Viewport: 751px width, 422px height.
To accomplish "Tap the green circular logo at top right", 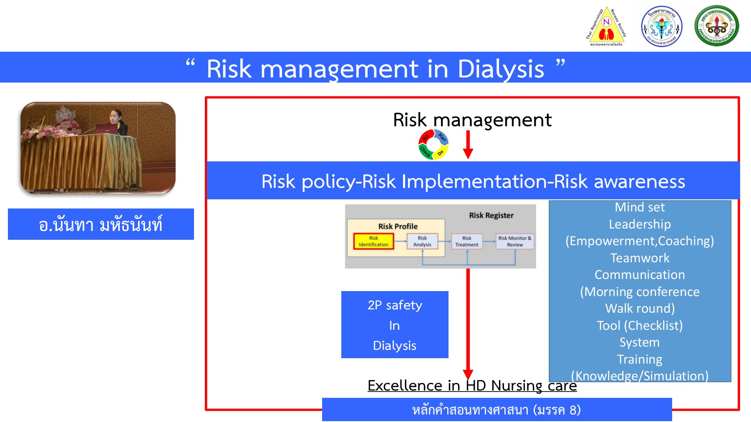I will click(x=717, y=26).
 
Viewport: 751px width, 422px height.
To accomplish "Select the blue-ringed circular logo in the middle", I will click(x=662, y=26).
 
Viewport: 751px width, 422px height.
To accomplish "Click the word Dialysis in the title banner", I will click(x=501, y=69).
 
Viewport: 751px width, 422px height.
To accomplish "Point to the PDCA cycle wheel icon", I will click(x=433, y=145).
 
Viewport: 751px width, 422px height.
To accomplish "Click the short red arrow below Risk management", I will click(x=468, y=144).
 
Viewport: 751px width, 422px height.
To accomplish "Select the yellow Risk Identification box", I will click(x=373, y=241).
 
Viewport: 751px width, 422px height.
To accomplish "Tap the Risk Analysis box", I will click(x=422, y=241).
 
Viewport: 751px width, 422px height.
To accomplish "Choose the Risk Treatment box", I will click(x=467, y=241).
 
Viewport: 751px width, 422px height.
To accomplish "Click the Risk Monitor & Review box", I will click(x=515, y=241).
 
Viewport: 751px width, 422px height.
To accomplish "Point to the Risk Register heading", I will click(x=491, y=216).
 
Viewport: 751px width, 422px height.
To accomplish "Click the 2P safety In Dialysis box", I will click(x=395, y=325).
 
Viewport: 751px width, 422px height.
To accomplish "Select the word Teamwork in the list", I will click(x=640, y=258).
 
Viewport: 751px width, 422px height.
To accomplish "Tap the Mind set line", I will click(x=640, y=207).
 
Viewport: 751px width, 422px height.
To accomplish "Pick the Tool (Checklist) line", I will click(x=640, y=325).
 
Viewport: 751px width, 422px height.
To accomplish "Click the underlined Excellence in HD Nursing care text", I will click(x=472, y=386).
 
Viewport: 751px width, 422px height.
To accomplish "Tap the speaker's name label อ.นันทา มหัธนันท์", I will click(x=101, y=225).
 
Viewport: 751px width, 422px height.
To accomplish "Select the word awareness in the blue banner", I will click(x=639, y=182).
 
